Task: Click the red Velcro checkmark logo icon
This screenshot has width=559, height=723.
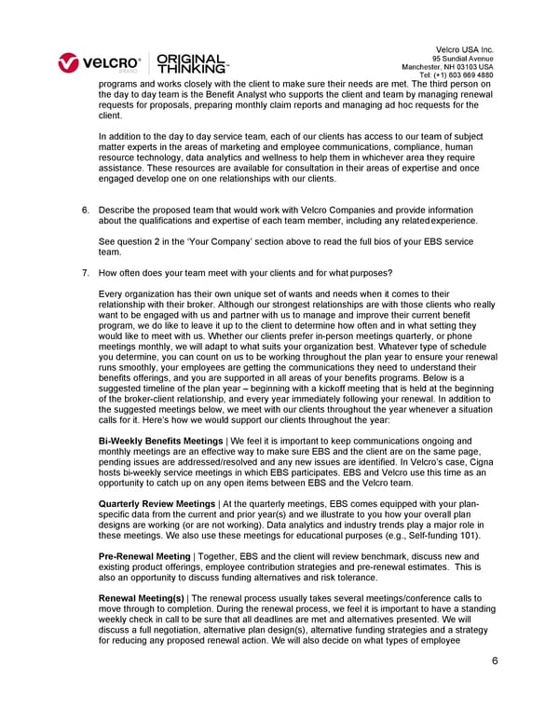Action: pyautogui.click(x=70, y=63)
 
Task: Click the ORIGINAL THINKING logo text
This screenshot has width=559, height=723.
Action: pyautogui.click(x=192, y=62)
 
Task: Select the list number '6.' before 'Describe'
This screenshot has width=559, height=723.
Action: pyautogui.click(x=86, y=211)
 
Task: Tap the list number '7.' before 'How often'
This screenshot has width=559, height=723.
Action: pyautogui.click(x=86, y=273)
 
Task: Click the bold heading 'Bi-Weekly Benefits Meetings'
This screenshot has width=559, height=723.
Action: pyautogui.click(x=160, y=440)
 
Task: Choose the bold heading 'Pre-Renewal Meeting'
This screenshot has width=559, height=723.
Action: pyautogui.click(x=144, y=555)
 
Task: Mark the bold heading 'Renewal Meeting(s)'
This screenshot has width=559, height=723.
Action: pyautogui.click(x=142, y=597)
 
